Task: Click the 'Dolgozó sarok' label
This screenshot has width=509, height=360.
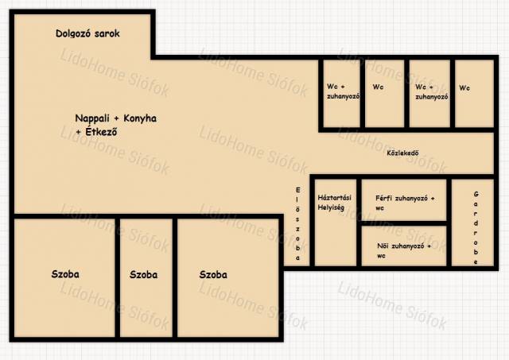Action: point(87,33)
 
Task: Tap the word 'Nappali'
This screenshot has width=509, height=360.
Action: point(92,118)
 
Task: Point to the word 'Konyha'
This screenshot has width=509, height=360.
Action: point(140,118)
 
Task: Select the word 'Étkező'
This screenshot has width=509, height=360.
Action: point(101,132)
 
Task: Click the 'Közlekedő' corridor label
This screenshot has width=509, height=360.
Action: point(402,153)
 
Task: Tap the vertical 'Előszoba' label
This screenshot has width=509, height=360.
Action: point(298,224)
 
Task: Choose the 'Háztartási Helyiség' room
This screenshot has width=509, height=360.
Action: point(335,223)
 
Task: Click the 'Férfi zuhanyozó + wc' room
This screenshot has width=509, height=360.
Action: point(404,199)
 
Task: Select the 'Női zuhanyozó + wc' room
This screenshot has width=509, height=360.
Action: point(404,246)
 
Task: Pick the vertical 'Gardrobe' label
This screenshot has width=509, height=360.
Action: point(476,228)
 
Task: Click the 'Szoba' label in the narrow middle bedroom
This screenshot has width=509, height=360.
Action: point(143,275)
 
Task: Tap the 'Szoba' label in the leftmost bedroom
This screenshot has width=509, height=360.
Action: point(65,274)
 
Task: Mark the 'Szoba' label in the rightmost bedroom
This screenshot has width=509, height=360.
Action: point(213,275)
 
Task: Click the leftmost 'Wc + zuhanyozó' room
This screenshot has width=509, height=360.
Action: point(341,94)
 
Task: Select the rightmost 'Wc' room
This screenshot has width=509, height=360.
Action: point(474,94)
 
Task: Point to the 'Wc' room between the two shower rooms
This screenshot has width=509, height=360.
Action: point(385,94)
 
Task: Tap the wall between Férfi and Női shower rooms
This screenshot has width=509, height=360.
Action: point(404,223)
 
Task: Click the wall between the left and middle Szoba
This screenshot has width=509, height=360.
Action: point(118,278)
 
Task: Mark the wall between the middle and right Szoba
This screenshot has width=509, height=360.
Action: point(175,278)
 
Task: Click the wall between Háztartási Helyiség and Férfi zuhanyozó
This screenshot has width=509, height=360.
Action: point(359,223)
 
